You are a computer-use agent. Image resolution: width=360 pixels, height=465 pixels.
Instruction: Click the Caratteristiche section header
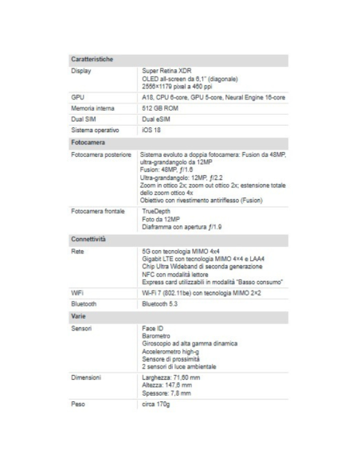pos(92,60)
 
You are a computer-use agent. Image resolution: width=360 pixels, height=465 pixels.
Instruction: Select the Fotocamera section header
pos(88,142)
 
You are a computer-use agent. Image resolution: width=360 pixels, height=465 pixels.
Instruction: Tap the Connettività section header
pos(89,239)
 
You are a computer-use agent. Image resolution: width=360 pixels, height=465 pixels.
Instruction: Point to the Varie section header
pos(80,317)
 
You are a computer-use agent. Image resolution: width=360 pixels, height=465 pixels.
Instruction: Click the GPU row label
pos(77,96)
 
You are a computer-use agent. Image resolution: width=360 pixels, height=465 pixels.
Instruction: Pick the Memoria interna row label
pos(93,107)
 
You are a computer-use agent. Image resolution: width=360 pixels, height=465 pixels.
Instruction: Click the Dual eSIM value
pos(155,119)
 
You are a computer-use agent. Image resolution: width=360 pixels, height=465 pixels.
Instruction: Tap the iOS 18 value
pos(151,130)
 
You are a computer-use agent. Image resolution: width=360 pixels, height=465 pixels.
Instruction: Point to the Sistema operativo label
pos(96,130)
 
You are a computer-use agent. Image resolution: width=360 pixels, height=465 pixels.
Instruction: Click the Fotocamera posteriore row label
pos(101,154)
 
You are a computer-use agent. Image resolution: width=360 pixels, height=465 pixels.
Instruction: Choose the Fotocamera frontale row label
pos(98,212)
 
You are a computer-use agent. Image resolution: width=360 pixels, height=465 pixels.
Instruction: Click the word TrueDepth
pos(157,212)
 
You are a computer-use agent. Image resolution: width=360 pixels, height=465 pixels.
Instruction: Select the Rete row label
pos(78,251)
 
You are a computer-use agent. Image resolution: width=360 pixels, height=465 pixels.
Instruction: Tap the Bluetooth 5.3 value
pos(160,303)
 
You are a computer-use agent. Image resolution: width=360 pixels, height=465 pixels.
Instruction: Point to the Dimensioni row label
pos(86,377)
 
